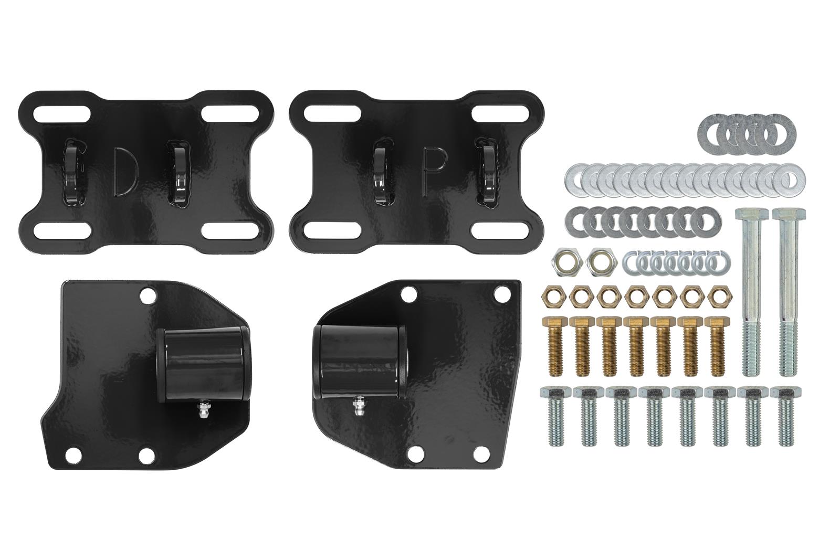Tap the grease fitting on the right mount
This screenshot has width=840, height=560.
(357, 404)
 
